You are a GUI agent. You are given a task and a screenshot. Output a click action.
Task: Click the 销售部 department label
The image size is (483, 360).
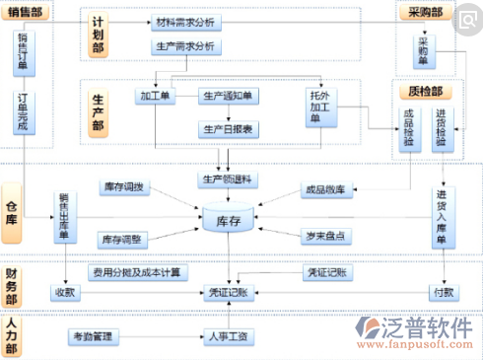pyautogui.click(x=27, y=11)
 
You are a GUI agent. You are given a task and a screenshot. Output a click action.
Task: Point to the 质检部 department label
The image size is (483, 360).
pyautogui.click(x=423, y=92)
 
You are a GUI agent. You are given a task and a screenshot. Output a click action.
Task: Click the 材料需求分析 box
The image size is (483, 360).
pyautogui.click(x=188, y=22)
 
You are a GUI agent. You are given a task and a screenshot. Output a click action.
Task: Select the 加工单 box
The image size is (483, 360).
pyautogui.click(x=156, y=96)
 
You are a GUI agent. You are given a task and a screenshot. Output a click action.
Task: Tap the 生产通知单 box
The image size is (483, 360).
pyautogui.click(x=228, y=96)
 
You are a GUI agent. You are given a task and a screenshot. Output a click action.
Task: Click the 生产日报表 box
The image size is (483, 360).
pyautogui.click(x=228, y=128)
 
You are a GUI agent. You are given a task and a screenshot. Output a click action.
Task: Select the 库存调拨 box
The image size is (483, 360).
pyautogui.click(x=124, y=186)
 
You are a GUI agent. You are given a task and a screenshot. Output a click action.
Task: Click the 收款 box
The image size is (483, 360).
pyautogui.click(x=65, y=292)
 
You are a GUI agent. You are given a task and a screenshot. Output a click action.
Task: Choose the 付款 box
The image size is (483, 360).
pyautogui.click(x=443, y=292)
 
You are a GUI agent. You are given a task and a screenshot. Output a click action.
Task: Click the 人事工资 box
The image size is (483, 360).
pyautogui.click(x=228, y=337)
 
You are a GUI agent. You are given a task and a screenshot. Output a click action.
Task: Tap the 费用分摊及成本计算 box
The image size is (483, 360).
pyautogui.click(x=137, y=271)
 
